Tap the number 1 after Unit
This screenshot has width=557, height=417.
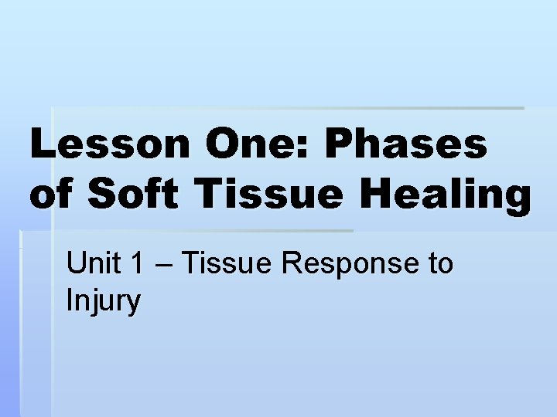click(x=137, y=264)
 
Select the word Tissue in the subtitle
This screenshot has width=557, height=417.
click(x=227, y=264)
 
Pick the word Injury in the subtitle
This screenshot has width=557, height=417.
click(x=103, y=301)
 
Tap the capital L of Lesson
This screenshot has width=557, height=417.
click(x=43, y=145)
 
